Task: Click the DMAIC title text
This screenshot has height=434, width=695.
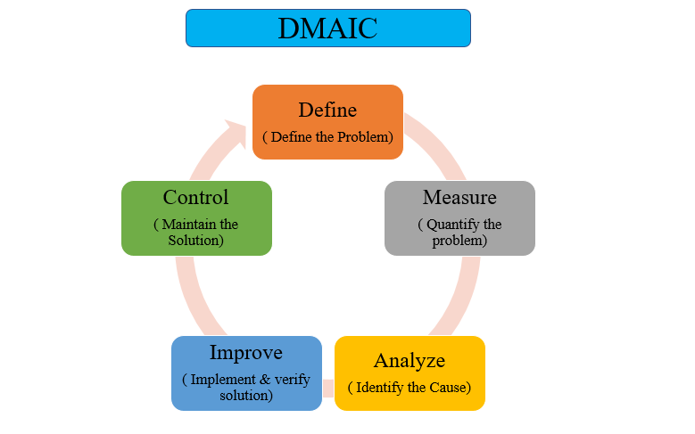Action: pyautogui.click(x=327, y=29)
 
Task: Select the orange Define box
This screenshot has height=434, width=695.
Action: pyautogui.click(x=327, y=122)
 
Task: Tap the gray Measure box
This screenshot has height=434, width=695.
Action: pyautogui.click(x=459, y=217)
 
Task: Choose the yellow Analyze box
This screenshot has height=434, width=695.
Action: pyautogui.click(x=410, y=373)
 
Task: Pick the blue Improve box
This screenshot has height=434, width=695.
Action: pyautogui.click(x=246, y=373)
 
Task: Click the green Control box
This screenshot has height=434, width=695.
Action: pyautogui.click(x=196, y=217)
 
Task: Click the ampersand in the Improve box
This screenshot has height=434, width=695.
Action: pyautogui.click(x=265, y=379)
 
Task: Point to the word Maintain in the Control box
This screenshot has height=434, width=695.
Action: pyautogui.click(x=189, y=224)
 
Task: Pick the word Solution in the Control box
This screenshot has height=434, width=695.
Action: pyautogui.click(x=195, y=240)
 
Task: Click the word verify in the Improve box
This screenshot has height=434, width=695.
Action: pyautogui.click(x=292, y=380)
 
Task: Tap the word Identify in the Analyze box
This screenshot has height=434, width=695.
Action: pyautogui.click(x=380, y=388)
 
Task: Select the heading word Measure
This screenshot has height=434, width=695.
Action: pyautogui.click(x=459, y=197)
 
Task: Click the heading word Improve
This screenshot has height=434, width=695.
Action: pyautogui.click(x=246, y=353)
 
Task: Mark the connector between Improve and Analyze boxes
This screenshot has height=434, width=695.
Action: pyautogui.click(x=328, y=389)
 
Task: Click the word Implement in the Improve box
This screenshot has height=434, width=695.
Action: pyautogui.click(x=223, y=380)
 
